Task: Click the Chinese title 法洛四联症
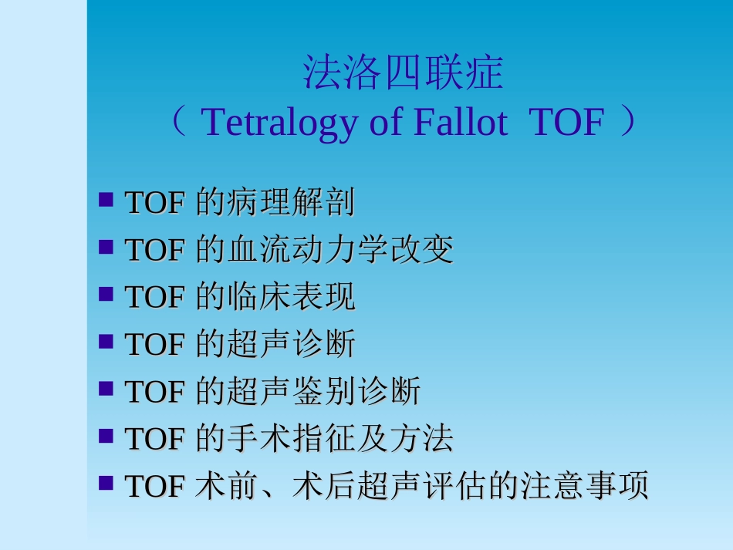(403, 74)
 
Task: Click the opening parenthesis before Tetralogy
(178, 122)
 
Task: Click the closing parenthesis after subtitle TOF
(629, 122)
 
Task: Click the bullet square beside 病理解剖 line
(106, 201)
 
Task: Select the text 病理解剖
(291, 203)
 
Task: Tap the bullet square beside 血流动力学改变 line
(106, 248)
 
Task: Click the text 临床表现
(291, 297)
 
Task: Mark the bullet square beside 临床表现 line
(106, 295)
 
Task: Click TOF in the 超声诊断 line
(154, 345)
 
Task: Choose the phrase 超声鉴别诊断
(323, 392)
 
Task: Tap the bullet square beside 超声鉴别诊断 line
(106, 390)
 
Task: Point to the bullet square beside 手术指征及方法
(106, 437)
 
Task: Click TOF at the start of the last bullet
(154, 487)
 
